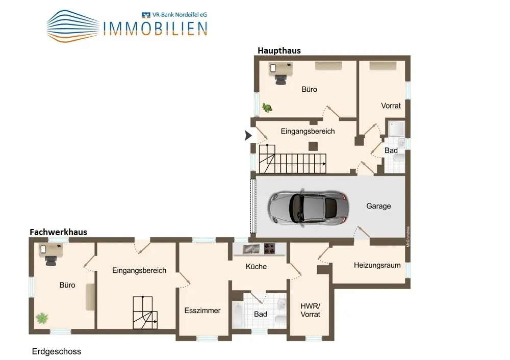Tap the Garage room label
click(378, 206)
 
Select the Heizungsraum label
click(377, 265)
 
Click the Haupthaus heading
click(279, 50)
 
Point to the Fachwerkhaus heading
click(58, 232)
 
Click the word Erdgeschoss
click(57, 351)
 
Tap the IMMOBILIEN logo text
click(156, 29)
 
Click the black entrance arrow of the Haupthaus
click(248, 135)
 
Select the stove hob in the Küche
click(269, 249)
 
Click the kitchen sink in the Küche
click(251, 249)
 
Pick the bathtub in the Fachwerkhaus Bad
click(237, 315)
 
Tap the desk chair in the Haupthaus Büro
click(280, 79)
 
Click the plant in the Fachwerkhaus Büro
click(42, 318)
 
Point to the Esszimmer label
click(202, 311)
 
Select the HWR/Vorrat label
click(310, 310)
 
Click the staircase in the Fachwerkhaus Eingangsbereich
click(145, 313)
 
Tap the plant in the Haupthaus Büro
click(267, 108)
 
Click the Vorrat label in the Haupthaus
click(391, 106)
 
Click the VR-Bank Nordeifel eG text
click(179, 15)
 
